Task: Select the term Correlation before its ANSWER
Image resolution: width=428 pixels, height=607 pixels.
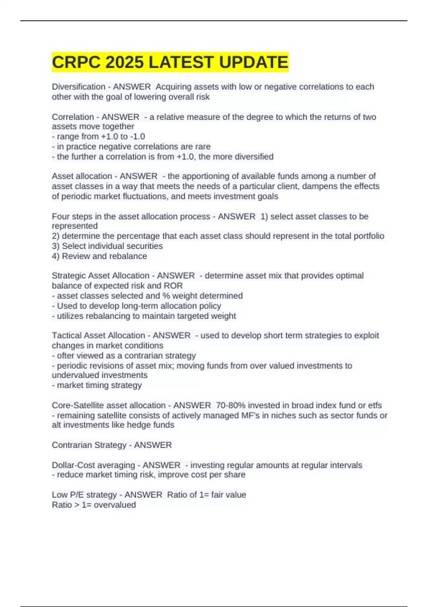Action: pyautogui.click(x=72, y=117)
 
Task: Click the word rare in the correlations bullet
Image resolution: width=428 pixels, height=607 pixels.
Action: pyautogui.click(x=203, y=146)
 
